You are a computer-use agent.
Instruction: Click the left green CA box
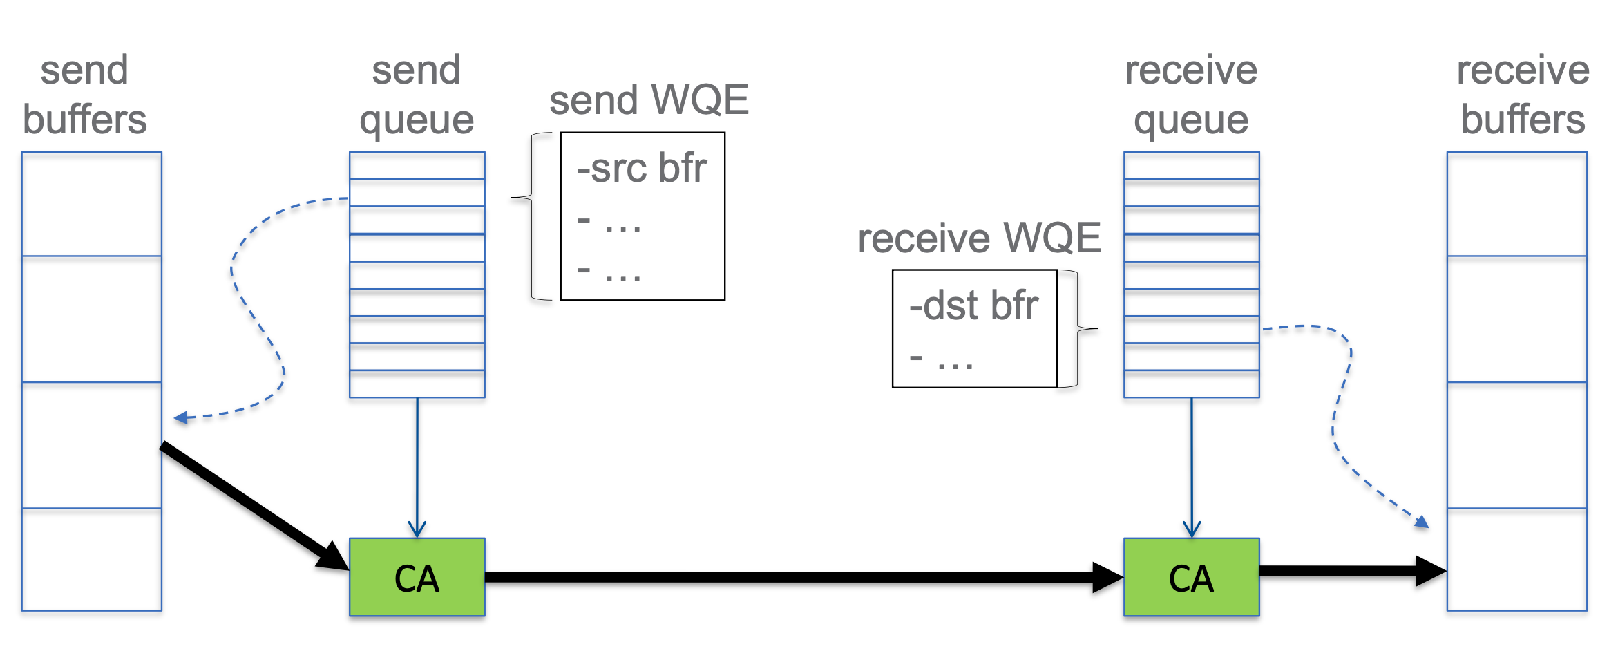(x=417, y=577)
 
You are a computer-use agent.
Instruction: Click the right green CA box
(x=1191, y=577)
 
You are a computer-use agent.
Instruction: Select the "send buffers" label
(x=84, y=95)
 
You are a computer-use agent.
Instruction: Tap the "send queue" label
(x=417, y=95)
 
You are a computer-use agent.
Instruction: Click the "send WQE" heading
(x=649, y=100)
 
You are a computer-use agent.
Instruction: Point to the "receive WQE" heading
(x=979, y=238)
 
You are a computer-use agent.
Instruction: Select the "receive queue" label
(x=1191, y=95)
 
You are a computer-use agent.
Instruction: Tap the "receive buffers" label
(x=1523, y=95)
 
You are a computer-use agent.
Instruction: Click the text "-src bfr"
(x=642, y=168)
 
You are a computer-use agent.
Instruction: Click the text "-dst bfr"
(x=973, y=305)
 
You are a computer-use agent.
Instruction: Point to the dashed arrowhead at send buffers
(x=181, y=417)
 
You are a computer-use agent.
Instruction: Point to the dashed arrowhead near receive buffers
(x=1421, y=522)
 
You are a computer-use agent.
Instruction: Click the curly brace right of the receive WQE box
(x=1078, y=329)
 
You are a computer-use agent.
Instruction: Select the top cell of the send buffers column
(x=91, y=204)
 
